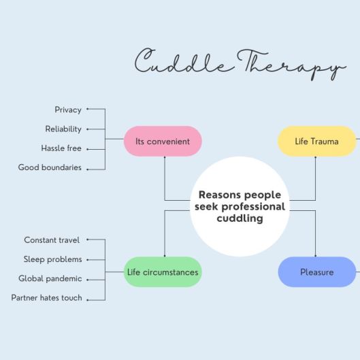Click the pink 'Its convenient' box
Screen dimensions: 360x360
point(163,141)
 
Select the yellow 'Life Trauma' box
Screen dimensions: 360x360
point(317,141)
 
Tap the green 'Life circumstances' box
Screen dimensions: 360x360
point(163,272)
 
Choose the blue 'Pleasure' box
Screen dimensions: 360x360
point(317,272)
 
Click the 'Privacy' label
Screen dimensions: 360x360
point(68,110)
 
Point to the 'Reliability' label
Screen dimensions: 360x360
point(63,129)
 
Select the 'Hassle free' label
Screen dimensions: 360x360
point(61,148)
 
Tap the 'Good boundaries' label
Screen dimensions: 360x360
point(50,167)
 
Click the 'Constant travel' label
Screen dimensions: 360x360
point(52,240)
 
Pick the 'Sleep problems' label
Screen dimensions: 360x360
point(53,259)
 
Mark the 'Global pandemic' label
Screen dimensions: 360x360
point(50,278)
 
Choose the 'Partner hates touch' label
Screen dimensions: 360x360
point(46,298)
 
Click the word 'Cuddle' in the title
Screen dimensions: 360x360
point(184,61)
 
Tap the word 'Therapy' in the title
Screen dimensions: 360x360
point(291,65)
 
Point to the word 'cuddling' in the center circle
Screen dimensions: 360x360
point(240,218)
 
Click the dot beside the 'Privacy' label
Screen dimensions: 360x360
point(88,109)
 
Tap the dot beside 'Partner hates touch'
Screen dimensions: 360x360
point(88,300)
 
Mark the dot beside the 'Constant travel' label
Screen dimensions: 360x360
point(88,240)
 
